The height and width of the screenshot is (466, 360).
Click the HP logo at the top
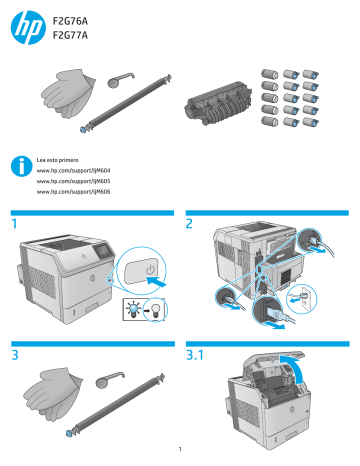28,27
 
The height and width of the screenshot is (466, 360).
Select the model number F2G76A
70,21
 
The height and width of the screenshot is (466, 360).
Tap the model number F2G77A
70,35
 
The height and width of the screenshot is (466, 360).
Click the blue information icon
21,166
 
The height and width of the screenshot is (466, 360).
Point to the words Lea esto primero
57,160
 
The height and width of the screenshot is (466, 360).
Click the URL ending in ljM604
73,171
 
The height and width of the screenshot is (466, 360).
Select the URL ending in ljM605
73,181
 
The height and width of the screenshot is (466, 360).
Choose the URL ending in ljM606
73,192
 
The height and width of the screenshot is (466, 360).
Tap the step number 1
14,224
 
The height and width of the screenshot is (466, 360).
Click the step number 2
189,224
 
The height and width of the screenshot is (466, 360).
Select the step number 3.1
195,355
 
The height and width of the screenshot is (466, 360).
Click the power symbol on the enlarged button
151,269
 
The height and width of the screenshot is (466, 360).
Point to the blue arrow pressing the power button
156,283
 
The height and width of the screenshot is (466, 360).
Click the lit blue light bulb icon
133,310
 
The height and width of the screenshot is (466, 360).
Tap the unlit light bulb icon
155,310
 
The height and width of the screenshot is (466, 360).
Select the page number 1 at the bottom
180,449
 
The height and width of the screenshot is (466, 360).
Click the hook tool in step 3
110,379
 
